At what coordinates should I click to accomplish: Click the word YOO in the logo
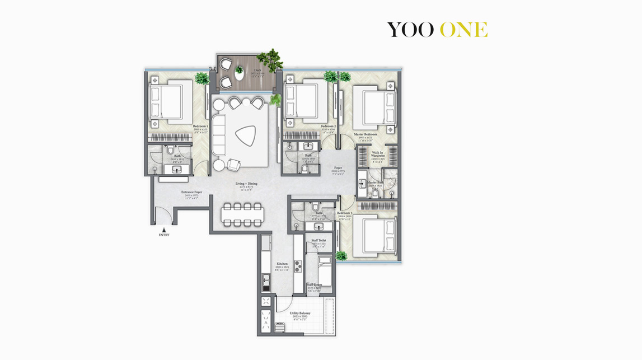click(410, 30)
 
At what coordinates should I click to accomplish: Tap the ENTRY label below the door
click(163, 235)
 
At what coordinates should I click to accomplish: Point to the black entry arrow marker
click(163, 229)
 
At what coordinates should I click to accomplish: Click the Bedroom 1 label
click(200, 127)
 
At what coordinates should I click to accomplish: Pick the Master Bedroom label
click(365, 134)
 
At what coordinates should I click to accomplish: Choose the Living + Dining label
click(246, 184)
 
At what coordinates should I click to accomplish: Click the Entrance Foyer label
click(191, 192)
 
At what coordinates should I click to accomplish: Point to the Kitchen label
click(282, 264)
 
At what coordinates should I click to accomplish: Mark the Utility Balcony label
click(300, 313)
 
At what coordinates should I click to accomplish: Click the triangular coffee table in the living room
click(244, 135)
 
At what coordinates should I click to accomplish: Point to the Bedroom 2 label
click(328, 127)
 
